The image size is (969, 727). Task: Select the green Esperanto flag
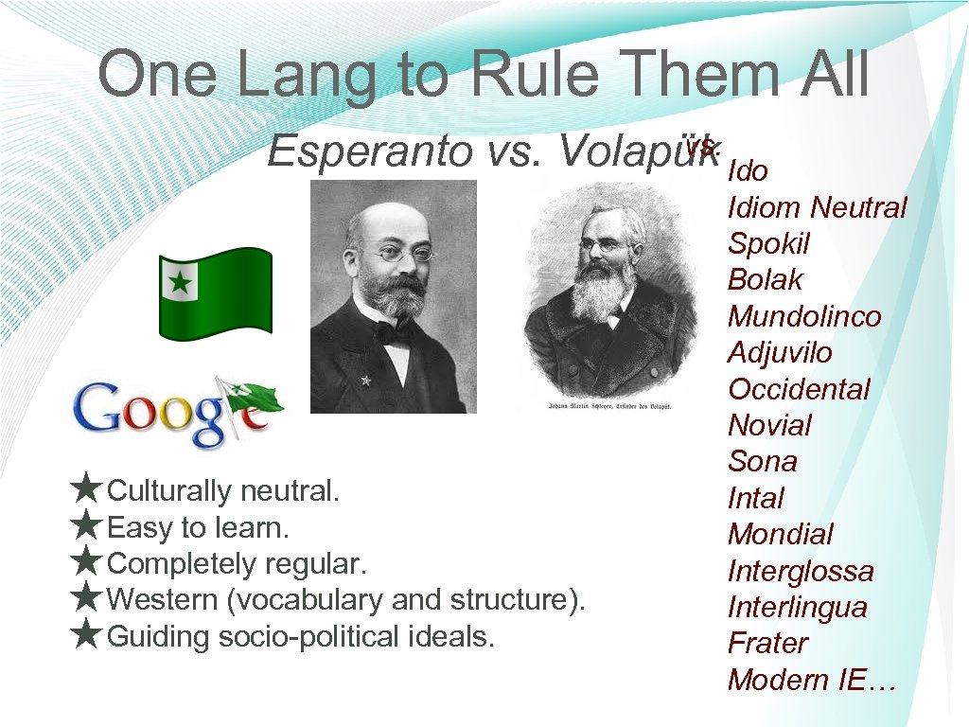pos(216,293)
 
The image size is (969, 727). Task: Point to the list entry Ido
pos(748,171)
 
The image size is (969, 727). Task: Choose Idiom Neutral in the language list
pos(817,207)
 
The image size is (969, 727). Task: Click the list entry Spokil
pos(768,243)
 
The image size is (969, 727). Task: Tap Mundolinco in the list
pos(803,316)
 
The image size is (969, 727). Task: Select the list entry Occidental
pos(799,389)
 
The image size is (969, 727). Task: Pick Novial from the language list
pos(769,425)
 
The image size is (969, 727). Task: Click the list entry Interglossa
pos(800,571)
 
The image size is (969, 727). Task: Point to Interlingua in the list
pos(797,607)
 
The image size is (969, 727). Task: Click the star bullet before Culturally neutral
pos(86,489)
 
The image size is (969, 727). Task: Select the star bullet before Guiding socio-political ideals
pos(86,634)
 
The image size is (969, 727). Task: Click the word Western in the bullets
pos(164,600)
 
